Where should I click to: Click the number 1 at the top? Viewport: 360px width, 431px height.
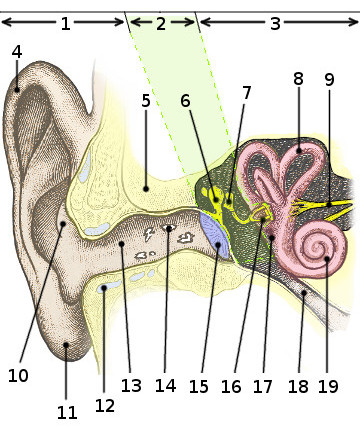coord(65,22)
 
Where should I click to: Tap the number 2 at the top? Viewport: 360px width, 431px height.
coord(160,22)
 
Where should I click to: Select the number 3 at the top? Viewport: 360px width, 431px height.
coord(275,22)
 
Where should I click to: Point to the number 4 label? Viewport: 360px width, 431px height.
coord(17,52)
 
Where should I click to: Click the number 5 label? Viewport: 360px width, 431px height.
coord(146,101)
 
